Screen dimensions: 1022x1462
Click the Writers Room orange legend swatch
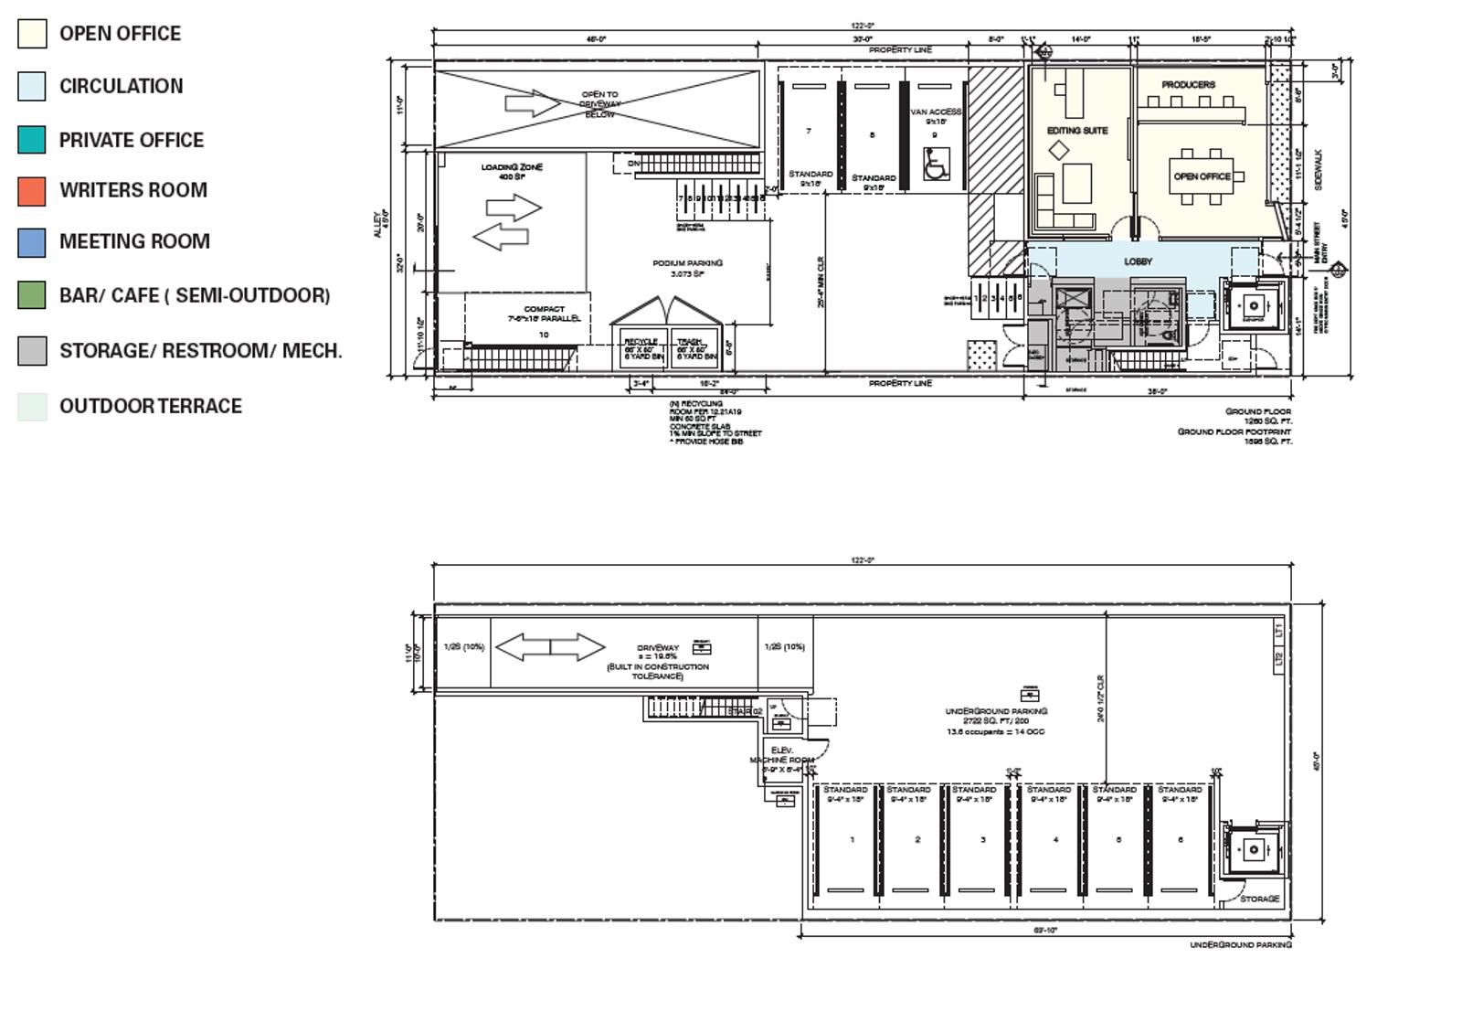click(x=31, y=191)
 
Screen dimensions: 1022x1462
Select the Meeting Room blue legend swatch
click(x=31, y=242)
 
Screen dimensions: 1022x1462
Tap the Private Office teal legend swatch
click(x=31, y=140)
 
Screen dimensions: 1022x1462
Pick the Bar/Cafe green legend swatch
click(x=31, y=295)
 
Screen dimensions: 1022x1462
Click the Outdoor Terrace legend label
click(x=151, y=407)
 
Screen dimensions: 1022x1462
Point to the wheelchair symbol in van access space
click(x=936, y=165)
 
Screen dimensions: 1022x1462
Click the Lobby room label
click(x=1138, y=261)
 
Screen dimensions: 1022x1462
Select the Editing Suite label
click(x=1077, y=131)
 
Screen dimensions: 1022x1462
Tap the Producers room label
click(x=1188, y=85)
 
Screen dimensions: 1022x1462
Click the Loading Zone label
click(x=512, y=168)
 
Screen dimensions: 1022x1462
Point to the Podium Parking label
click(x=687, y=263)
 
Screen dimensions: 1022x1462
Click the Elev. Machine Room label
click(x=782, y=755)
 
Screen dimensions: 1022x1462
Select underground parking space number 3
click(x=983, y=840)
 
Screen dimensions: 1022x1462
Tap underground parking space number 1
click(x=853, y=840)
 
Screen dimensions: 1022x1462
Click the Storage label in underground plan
click(x=1260, y=900)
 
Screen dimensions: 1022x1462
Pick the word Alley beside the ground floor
click(x=376, y=225)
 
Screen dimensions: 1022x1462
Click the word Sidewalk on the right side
click(x=1318, y=170)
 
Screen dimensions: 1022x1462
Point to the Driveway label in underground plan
click(x=658, y=648)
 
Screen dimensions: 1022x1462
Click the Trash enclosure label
click(x=690, y=342)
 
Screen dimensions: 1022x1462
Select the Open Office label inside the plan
click(x=1202, y=176)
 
